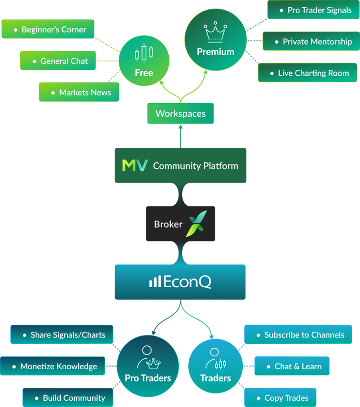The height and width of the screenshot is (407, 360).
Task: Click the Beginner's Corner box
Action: tap(48, 29)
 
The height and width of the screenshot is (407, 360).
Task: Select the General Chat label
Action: tap(64, 61)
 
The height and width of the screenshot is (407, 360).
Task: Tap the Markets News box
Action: tap(79, 92)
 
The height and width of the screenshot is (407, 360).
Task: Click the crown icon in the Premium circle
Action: tap(215, 32)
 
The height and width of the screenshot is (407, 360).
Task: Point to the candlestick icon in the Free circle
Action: tap(144, 53)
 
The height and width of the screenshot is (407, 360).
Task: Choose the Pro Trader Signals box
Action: tap(313, 10)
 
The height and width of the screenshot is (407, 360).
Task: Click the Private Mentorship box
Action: tap(311, 41)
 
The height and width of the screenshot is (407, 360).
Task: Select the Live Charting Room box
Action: tap(308, 73)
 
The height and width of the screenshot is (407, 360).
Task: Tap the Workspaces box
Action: tap(181, 114)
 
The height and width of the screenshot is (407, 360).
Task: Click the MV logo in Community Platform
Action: tap(135, 165)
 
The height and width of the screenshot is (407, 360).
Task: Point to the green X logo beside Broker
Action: tap(197, 223)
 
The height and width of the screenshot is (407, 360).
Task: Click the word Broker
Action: tap(168, 224)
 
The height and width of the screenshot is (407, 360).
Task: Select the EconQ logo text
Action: tap(181, 282)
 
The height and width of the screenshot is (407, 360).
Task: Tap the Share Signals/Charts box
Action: tap(62, 334)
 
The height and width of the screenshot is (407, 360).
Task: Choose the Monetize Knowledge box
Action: tap(52, 366)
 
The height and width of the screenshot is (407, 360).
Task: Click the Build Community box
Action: tap(68, 397)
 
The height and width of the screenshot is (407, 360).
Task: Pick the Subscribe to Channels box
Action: tap(298, 334)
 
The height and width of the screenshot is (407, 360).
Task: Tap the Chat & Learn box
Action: tap(292, 366)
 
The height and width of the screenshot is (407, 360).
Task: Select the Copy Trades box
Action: tap(280, 397)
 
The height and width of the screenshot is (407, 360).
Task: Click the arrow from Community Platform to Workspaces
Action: tap(181, 136)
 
